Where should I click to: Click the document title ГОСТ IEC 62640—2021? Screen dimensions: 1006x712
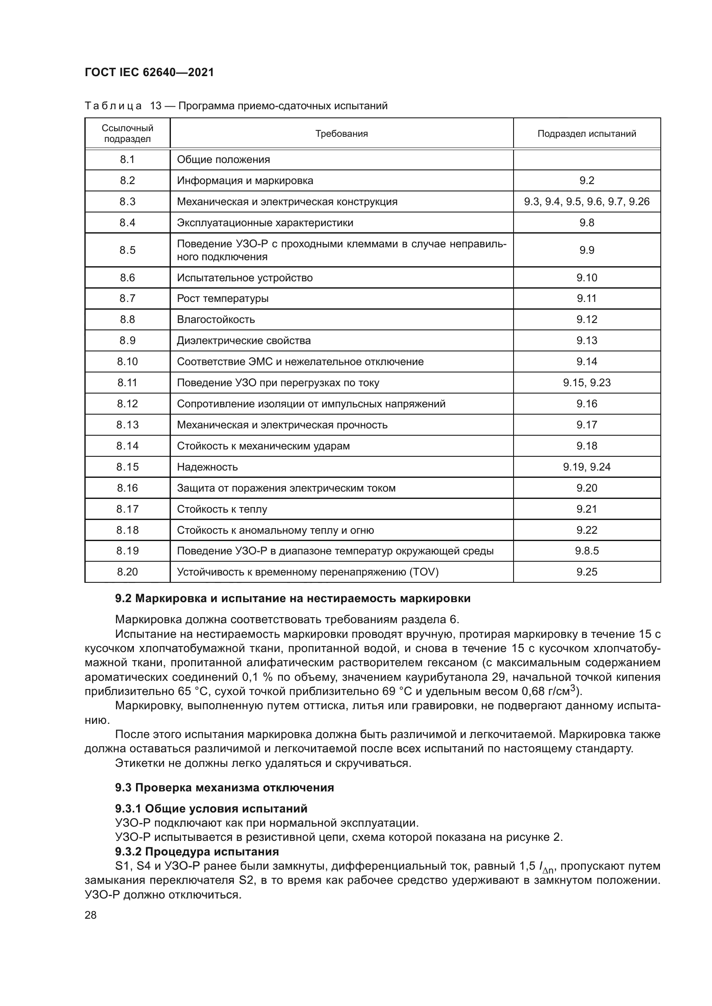pos(149,72)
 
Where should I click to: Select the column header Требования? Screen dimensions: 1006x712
pos(341,134)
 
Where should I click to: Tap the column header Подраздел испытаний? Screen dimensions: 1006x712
pos(587,134)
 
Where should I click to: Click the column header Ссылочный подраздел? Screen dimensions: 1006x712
pos(127,134)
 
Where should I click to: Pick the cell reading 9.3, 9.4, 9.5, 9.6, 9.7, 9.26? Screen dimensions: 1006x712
pos(587,202)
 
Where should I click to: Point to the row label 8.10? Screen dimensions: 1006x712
pos(127,361)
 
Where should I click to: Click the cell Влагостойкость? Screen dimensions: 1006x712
pos(216,320)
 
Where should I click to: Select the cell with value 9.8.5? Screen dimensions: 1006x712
pos(587,551)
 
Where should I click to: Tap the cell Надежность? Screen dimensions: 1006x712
pos(207,467)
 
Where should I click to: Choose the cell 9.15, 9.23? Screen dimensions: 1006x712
pos(587,382)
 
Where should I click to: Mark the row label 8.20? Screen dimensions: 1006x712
pos(127,572)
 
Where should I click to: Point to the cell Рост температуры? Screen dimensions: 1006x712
pos(223,298)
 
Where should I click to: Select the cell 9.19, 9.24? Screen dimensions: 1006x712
pos(587,467)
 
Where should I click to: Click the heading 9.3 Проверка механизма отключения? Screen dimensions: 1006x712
pos(224,788)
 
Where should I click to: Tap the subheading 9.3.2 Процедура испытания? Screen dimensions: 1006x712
pos(197,851)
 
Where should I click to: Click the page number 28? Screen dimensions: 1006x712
pos(91,915)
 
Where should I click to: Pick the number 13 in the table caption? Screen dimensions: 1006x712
pos(156,106)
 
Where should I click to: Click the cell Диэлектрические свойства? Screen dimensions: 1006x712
pos(244,341)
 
